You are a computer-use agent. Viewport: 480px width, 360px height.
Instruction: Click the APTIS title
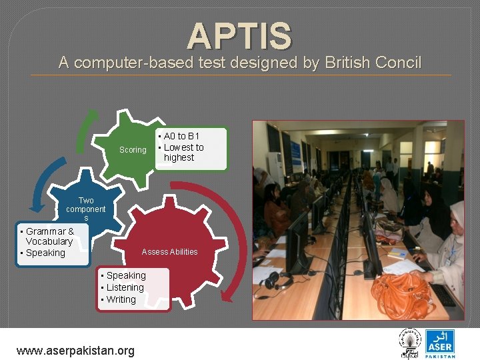pyautogui.click(x=239, y=36)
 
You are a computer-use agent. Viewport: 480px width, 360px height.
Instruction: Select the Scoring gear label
pyautogui.click(x=132, y=150)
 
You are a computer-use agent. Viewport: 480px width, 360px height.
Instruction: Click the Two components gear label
pyautogui.click(x=86, y=209)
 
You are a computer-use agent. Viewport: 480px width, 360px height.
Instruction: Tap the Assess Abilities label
pyautogui.click(x=169, y=251)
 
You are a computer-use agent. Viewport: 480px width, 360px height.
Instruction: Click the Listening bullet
pyautogui.click(x=124, y=287)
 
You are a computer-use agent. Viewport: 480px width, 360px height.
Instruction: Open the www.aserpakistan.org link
pyautogui.click(x=75, y=350)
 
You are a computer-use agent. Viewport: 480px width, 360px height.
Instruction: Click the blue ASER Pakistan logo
pyautogui.click(x=440, y=343)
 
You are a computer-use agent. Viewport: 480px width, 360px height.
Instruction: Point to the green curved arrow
pyautogui.click(x=83, y=130)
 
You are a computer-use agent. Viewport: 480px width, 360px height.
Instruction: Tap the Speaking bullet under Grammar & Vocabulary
pyautogui.click(x=45, y=253)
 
